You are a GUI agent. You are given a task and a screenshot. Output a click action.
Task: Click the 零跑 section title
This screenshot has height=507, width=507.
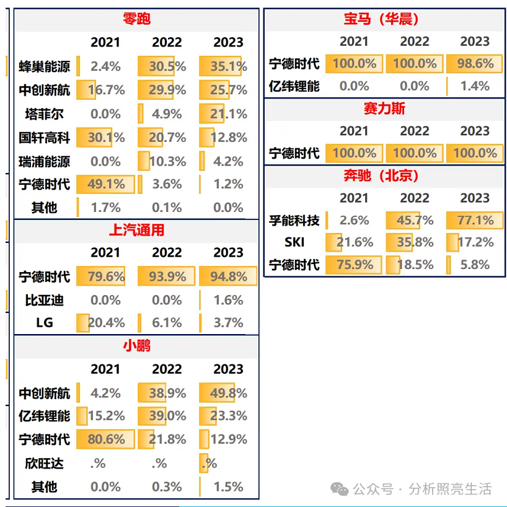point(137,19)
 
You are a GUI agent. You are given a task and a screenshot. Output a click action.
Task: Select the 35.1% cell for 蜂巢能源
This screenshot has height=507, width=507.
point(228,66)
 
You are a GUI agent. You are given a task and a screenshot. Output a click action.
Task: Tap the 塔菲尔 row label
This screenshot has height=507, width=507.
point(45,114)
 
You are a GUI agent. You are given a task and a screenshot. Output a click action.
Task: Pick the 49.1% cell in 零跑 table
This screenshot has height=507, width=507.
point(105,184)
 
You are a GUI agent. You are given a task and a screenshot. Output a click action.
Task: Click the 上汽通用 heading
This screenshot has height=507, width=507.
point(137,230)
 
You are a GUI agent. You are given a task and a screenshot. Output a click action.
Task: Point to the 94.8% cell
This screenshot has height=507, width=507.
point(228,276)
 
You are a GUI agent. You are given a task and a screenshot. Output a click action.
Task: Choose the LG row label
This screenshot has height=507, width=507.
point(45,323)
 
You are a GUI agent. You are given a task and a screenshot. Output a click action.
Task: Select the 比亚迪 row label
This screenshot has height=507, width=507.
point(45,300)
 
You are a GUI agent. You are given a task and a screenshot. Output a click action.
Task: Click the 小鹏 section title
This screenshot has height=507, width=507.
point(137,346)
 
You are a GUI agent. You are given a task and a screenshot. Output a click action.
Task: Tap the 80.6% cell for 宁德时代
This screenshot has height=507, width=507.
point(105,439)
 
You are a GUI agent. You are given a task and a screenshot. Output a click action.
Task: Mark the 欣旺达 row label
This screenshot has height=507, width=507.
point(45,463)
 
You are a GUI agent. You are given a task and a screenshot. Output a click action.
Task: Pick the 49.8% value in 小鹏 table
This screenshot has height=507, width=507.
point(228,393)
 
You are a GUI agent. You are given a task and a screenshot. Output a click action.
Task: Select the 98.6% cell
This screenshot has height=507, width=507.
point(475,63)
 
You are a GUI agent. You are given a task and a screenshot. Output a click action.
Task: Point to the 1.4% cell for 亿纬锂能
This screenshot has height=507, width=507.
point(475,86)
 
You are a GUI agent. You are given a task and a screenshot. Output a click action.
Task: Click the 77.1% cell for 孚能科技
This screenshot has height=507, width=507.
point(475,220)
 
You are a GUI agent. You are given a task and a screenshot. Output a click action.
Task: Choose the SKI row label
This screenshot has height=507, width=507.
point(294,242)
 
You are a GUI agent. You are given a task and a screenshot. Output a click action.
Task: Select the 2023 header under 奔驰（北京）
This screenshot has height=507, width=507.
point(475,198)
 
